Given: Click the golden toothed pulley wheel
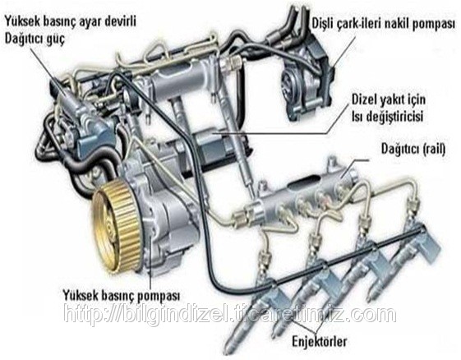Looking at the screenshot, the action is tap(116, 227).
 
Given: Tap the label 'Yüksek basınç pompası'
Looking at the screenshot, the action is tap(121, 294).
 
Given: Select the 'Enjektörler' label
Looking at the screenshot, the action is tap(320, 341).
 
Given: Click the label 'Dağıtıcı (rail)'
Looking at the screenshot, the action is tap(413, 149).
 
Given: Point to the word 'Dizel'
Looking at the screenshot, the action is tap(365, 99).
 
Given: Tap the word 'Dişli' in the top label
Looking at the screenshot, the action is tap(322, 23).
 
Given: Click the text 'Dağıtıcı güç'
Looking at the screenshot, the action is tap(35, 39).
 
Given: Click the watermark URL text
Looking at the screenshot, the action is tap(229, 315).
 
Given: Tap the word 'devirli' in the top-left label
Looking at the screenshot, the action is tap(120, 21).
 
